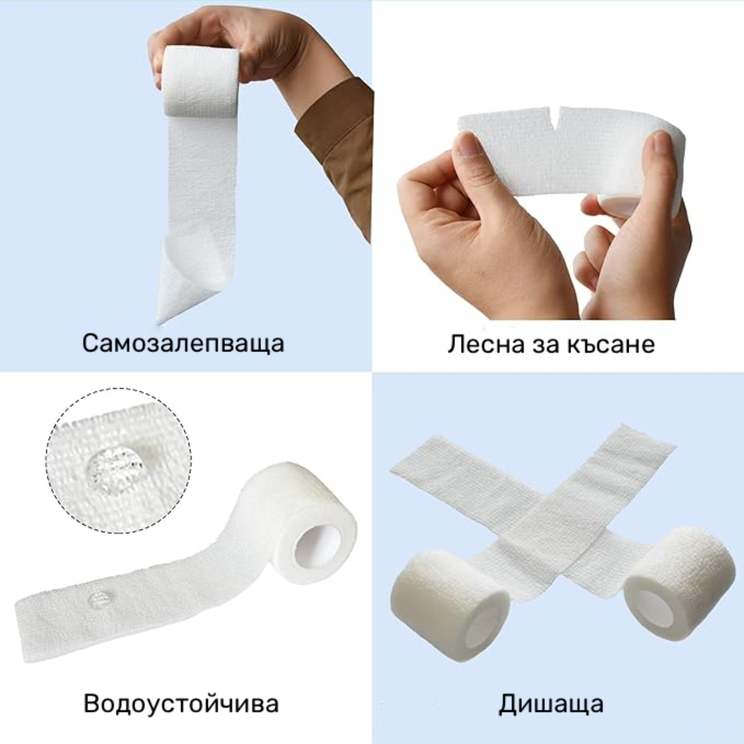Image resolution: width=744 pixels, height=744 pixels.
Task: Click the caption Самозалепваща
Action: pos(183,343)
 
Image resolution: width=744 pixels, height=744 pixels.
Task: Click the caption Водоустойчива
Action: pos(181,704)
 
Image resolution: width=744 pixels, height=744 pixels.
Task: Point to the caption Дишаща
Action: pos(551,704)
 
